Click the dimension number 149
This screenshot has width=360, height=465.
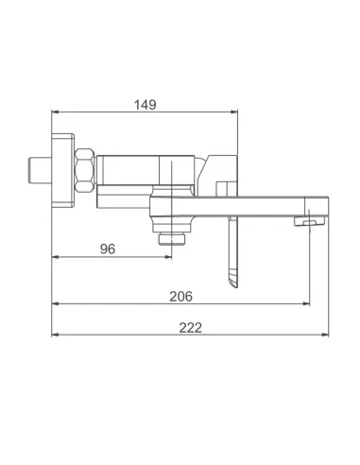click(145, 104)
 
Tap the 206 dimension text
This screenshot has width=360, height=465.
click(180, 296)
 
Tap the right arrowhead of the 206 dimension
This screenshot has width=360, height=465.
click(305, 304)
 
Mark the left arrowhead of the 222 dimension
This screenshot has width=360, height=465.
click(56, 336)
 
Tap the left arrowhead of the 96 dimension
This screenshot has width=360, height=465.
click(56, 257)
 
